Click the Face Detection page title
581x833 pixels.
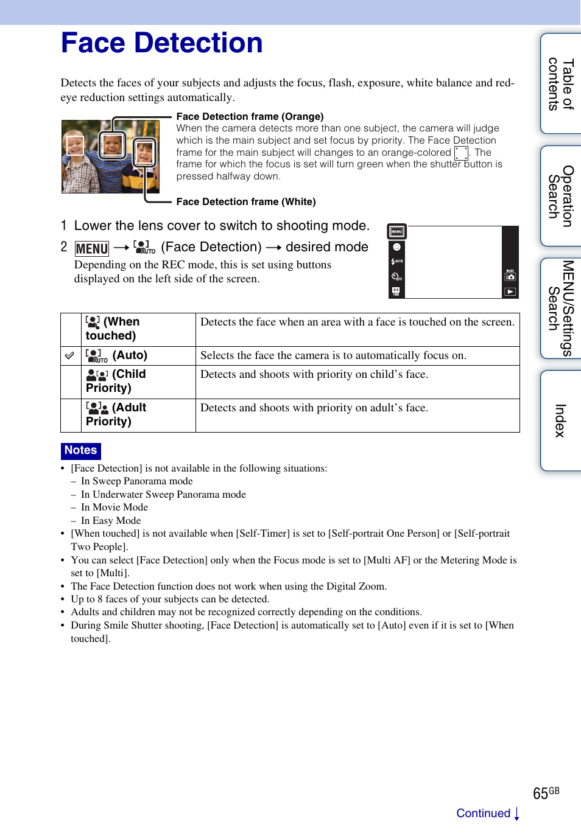coord(161,43)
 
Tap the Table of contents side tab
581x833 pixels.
coord(560,84)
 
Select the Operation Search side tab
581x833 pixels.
coord(560,196)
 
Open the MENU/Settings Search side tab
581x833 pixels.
coord(560,308)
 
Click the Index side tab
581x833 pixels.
coord(560,420)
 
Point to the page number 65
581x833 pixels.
coord(540,793)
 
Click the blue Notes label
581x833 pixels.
coord(81,450)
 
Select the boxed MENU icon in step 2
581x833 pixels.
coord(92,248)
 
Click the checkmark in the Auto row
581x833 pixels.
coord(70,355)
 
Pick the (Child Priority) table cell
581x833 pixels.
coord(138,382)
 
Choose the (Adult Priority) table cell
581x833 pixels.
coord(138,415)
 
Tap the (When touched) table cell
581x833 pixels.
coord(138,329)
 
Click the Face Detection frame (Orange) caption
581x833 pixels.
coord(250,116)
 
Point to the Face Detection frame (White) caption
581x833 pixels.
coord(246,201)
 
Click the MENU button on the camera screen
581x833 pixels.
coord(397,232)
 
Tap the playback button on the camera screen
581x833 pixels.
coord(510,291)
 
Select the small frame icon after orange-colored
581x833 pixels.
coord(461,153)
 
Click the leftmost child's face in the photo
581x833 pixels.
coord(75,146)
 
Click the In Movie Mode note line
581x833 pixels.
coord(114,507)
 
